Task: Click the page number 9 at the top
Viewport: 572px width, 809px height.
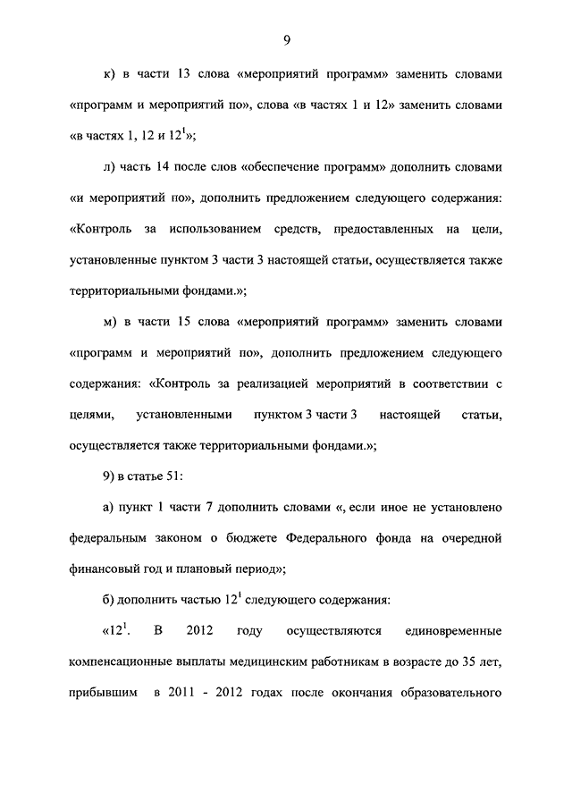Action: point(286,39)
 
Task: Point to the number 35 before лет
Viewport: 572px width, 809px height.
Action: point(459,663)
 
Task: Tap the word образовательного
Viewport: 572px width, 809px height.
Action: point(454,694)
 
